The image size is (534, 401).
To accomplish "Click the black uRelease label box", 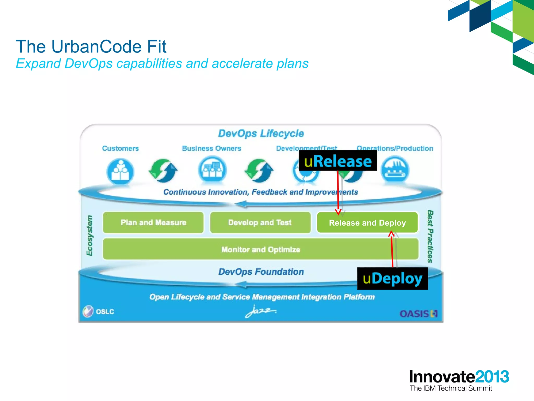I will coord(338,161).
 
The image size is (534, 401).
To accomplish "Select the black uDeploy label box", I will coord(392,279).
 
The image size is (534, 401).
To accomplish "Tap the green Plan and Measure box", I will coord(153,222).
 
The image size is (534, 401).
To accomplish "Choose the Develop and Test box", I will coord(260,222).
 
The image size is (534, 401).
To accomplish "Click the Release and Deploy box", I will coord(367,223).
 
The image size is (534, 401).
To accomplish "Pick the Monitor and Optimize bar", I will coord(261,249).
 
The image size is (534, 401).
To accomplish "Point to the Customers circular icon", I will coord(120,171).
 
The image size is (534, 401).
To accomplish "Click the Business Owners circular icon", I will coord(212,170).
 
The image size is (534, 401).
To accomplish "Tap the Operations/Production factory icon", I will coord(395,170).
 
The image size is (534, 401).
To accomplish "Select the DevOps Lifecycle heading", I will coord(261,133).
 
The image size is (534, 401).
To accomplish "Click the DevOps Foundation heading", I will coord(261,272).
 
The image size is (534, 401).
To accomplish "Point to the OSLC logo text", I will coord(105,311).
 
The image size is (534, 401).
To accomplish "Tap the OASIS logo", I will coord(418,313).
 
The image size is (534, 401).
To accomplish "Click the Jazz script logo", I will coord(261,311).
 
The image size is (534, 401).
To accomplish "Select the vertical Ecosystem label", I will coord(89,235).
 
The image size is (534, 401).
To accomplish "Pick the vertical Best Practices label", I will coord(430,236).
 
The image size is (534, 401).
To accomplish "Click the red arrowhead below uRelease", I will coord(338,212).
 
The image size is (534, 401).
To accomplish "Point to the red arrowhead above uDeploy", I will coord(391,233).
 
